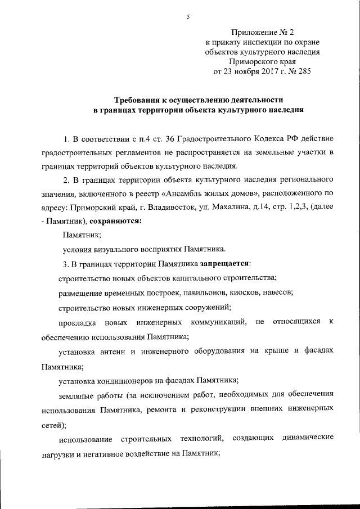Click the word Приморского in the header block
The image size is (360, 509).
259,60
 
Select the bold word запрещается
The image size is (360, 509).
224,263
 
